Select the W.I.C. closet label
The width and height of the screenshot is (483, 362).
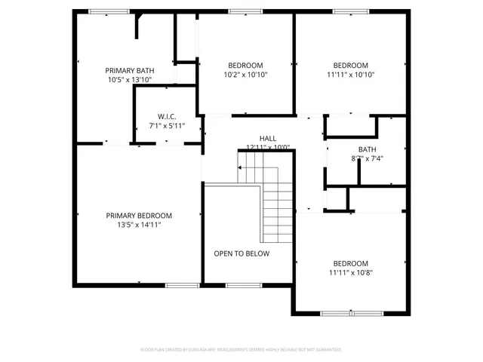tap(167, 116)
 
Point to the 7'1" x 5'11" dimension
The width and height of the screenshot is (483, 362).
tap(167, 126)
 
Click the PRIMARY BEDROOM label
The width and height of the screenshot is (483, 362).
tap(139, 215)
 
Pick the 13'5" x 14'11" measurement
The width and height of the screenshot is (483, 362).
tap(139, 225)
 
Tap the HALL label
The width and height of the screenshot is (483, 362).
tap(267, 139)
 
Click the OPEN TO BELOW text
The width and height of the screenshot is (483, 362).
tap(241, 253)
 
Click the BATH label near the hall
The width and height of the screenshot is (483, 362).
tap(367, 149)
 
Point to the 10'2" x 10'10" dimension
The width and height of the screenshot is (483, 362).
tap(246, 75)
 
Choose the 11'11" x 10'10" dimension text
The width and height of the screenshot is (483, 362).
tap(351, 75)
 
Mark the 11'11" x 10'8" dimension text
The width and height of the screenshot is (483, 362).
tap(351, 272)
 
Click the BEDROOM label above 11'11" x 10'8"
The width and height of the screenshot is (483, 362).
tap(351, 263)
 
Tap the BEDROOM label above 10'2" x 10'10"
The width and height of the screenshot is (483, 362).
tap(246, 65)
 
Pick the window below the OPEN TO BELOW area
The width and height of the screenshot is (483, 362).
tap(239, 284)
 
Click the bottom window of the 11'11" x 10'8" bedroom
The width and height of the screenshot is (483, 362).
tap(352, 312)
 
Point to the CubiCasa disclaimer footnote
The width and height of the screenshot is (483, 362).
tap(241, 350)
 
